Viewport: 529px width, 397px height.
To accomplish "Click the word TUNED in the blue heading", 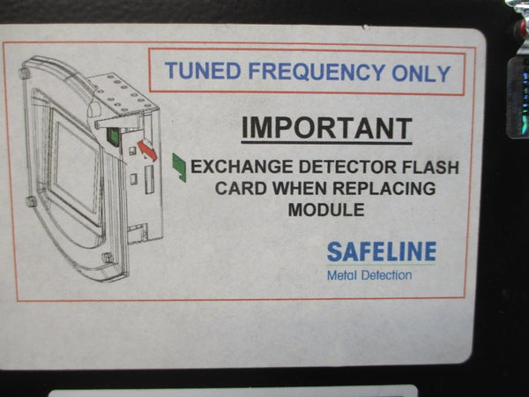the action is (x=203, y=71).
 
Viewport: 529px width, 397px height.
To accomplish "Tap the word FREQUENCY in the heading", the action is (x=317, y=72).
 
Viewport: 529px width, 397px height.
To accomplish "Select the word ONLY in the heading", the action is (x=421, y=73).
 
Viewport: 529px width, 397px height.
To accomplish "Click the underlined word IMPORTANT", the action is (x=326, y=129).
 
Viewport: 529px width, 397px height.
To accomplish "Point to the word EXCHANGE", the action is (x=242, y=167).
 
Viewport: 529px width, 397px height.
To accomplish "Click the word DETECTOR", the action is (x=348, y=167).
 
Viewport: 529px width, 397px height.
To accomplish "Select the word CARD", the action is (x=241, y=188).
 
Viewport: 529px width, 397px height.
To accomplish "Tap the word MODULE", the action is (x=326, y=210).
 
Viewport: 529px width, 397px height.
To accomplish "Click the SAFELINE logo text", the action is (x=382, y=251).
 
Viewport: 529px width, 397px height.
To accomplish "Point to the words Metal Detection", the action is (x=369, y=275).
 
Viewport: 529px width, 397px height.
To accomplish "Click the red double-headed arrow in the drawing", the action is (x=147, y=150).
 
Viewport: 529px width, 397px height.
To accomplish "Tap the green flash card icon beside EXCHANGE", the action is (x=179, y=168).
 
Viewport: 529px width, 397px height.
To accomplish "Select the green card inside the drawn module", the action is (x=113, y=137).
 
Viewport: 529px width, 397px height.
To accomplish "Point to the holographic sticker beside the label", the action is (x=518, y=98).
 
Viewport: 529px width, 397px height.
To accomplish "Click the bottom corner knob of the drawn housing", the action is (x=107, y=258).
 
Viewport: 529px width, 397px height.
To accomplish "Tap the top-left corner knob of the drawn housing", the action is (x=24, y=73).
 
